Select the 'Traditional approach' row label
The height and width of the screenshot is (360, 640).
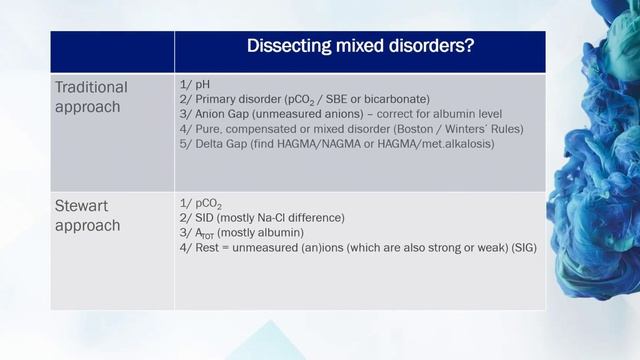pos(91,97)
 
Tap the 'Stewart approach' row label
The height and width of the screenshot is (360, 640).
pos(88,216)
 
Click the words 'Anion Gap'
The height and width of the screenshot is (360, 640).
pos(221,114)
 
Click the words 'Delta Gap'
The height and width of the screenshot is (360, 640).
pos(221,144)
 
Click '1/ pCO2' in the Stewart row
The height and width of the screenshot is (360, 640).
pos(197,204)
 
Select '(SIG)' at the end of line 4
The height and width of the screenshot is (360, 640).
pos(521,247)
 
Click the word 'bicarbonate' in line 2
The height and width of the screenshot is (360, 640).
pos(397,99)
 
